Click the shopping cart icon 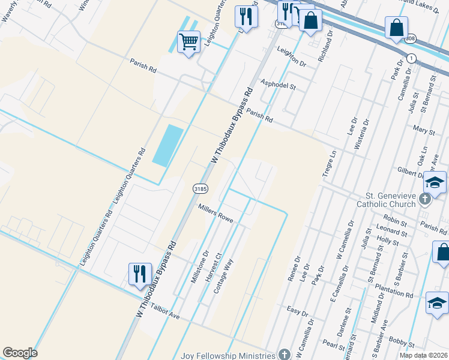coord(188,42)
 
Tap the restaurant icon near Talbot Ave coord(140,274)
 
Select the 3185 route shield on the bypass coord(200,188)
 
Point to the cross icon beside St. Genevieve coord(426,198)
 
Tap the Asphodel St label coord(277,85)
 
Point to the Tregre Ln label coord(330,163)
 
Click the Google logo coord(20,353)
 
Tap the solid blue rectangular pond coord(168,145)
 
